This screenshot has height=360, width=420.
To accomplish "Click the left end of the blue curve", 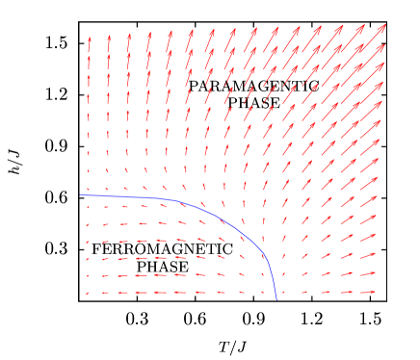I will click(x=81, y=195).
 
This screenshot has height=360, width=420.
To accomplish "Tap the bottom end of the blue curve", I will click(x=276, y=298).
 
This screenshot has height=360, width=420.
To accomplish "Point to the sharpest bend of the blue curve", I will click(x=262, y=252).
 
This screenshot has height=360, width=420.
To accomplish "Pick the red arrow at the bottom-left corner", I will click(x=88, y=294).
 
